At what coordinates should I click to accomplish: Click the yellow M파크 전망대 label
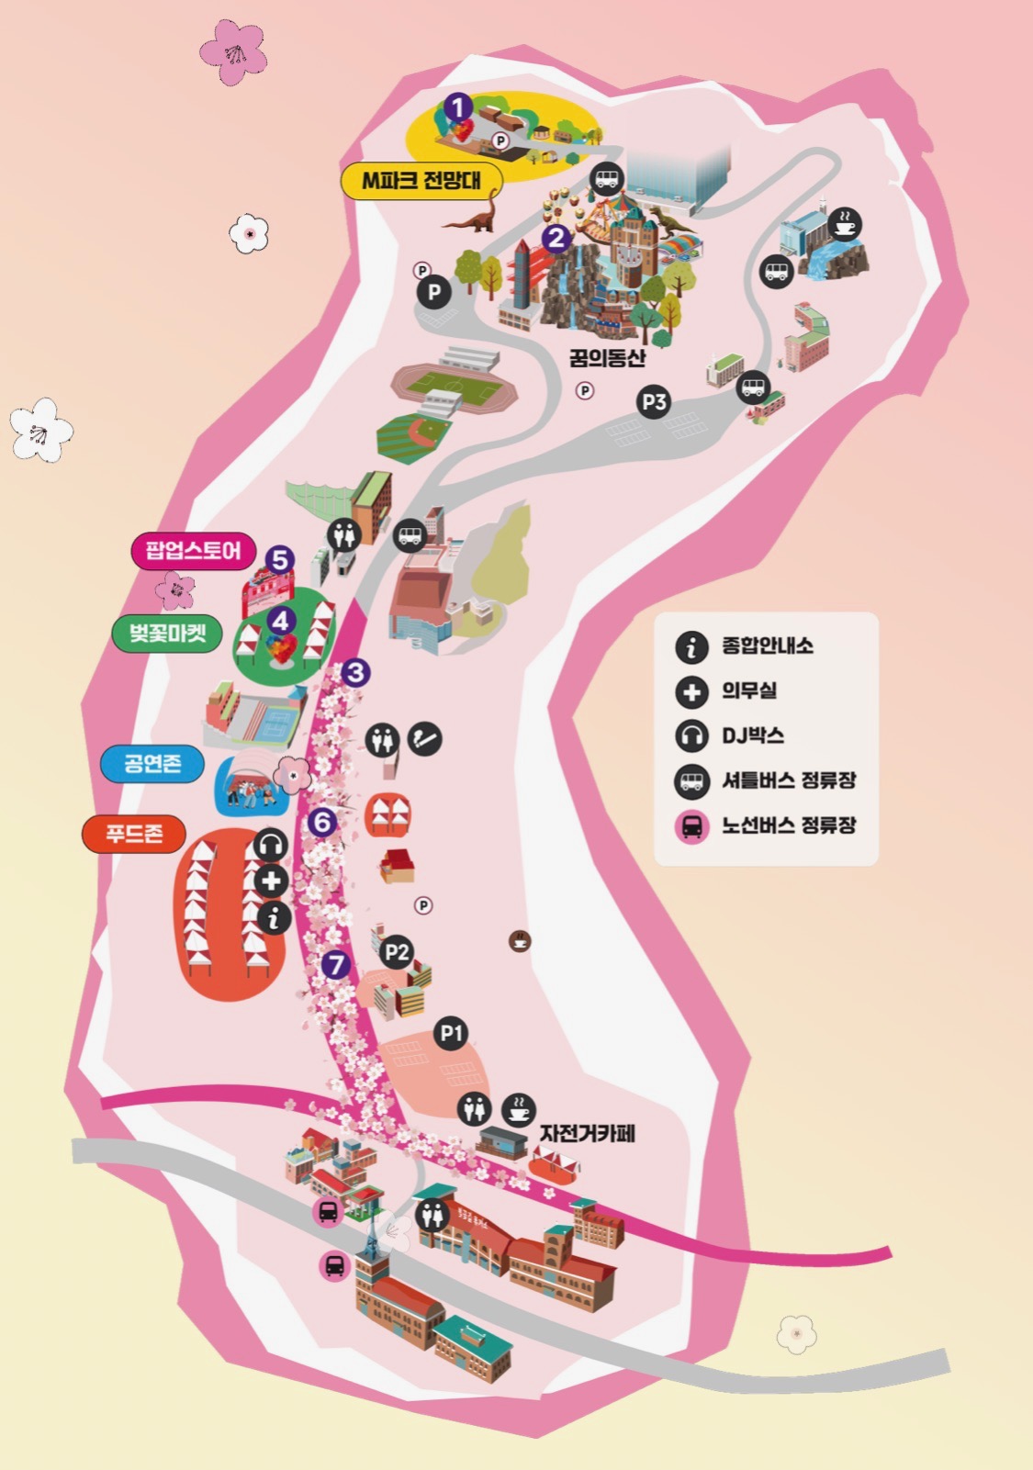(421, 181)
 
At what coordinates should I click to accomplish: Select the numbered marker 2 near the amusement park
(556, 239)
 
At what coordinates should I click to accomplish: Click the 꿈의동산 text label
(607, 358)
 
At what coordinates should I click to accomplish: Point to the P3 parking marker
(654, 401)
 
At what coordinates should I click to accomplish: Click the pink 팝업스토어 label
(193, 551)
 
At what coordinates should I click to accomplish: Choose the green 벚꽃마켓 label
(167, 634)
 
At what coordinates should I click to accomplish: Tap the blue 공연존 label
(152, 763)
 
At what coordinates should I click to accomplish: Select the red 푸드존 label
(134, 834)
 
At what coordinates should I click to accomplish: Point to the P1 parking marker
(450, 1033)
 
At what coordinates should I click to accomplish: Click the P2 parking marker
(397, 952)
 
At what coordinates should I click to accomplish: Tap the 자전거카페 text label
(587, 1133)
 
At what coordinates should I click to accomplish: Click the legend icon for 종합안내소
(691, 646)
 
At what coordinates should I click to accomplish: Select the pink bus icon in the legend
(691, 825)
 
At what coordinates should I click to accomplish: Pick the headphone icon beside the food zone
(270, 845)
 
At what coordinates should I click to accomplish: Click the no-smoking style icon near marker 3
(424, 738)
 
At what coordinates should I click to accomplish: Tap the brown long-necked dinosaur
(477, 217)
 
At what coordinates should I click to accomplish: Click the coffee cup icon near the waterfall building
(844, 223)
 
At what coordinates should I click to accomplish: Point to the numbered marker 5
(280, 560)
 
